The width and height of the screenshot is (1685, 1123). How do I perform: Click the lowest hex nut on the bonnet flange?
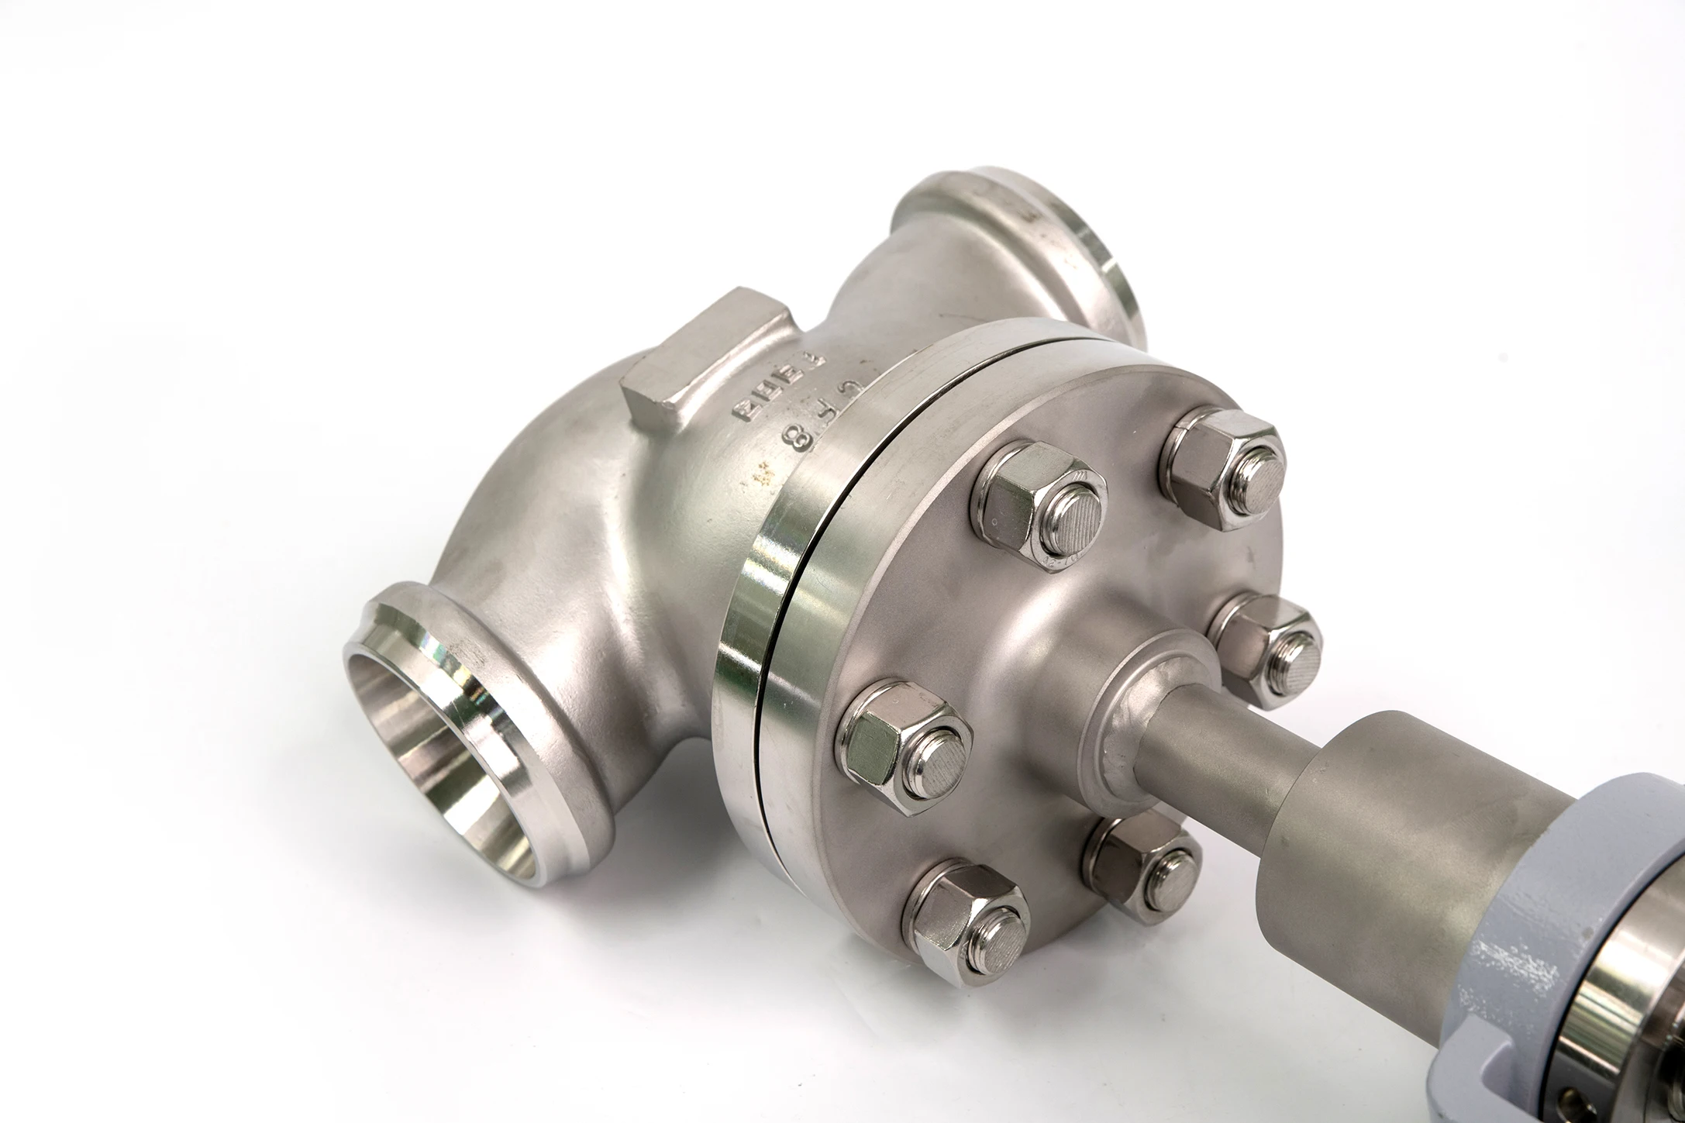click(x=969, y=926)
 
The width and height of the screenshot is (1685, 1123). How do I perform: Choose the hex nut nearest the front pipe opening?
click(x=903, y=744)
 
